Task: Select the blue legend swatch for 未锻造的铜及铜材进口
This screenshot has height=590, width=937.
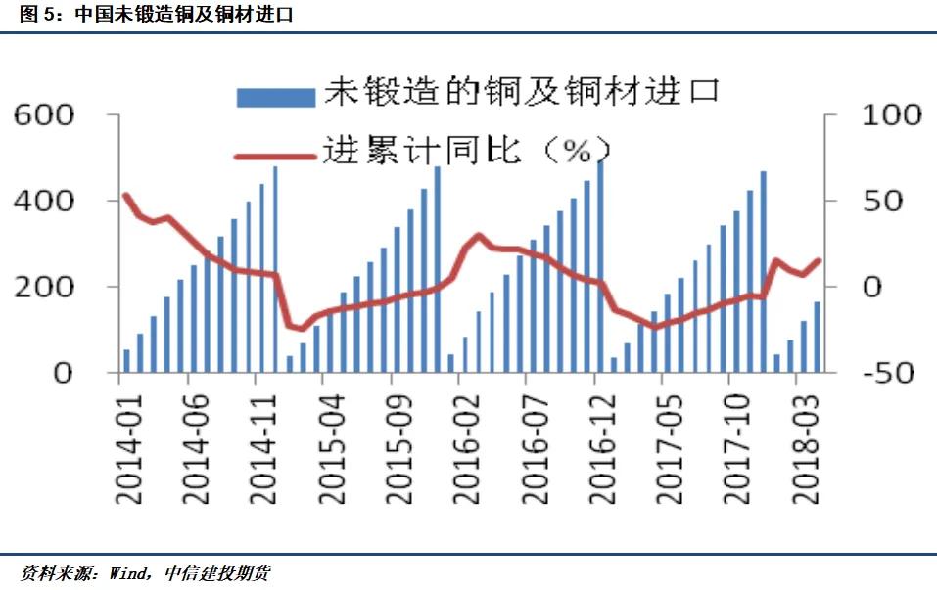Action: click(275, 95)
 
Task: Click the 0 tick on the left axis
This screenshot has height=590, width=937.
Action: click(61, 373)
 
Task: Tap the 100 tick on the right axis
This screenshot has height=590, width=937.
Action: click(891, 115)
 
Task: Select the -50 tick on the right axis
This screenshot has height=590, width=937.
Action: click(891, 373)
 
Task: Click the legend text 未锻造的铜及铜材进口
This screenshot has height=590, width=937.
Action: click(522, 93)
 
